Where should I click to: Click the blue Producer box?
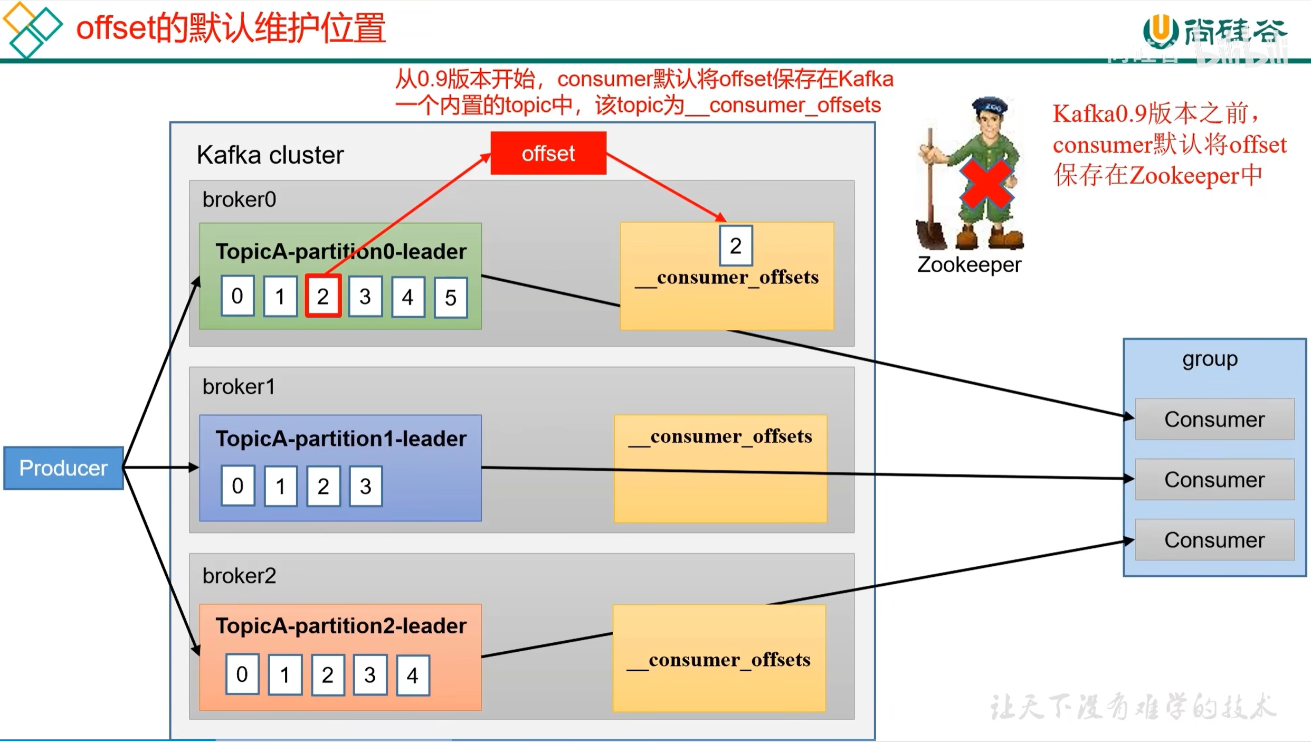click(63, 468)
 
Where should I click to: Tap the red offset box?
click(548, 153)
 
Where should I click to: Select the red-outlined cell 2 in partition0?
click(323, 296)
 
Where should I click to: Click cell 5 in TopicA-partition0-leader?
click(451, 298)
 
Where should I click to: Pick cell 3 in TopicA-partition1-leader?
click(366, 486)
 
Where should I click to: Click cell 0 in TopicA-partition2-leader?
click(242, 674)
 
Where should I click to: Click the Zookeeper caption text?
click(969, 265)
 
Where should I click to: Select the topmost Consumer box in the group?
click(1214, 419)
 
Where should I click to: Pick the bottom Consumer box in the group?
click(1214, 540)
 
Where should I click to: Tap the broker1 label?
click(239, 387)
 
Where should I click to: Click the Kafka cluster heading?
click(270, 155)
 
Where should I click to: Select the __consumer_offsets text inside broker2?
click(718, 660)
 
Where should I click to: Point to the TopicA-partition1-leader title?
click(341, 439)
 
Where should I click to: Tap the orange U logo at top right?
click(1161, 31)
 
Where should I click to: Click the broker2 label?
click(239, 576)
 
